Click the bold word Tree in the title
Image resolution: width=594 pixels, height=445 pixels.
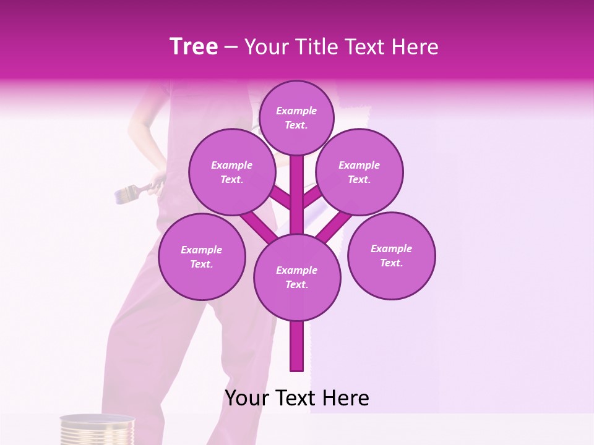pyautogui.click(x=194, y=47)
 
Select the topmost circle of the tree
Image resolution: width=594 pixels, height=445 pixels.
pyautogui.click(x=296, y=117)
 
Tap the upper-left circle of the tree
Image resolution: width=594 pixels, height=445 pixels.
pyautogui.click(x=231, y=172)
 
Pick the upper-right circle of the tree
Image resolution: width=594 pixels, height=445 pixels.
pyautogui.click(x=359, y=172)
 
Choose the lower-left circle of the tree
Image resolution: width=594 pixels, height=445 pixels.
pyautogui.click(x=201, y=256)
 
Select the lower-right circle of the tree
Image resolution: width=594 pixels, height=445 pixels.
pyautogui.click(x=391, y=255)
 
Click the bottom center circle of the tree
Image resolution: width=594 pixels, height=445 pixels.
pyautogui.click(x=296, y=277)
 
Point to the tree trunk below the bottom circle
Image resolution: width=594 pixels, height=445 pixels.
pyautogui.click(x=296, y=346)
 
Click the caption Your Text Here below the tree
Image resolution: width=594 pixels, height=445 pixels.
pyautogui.click(x=296, y=398)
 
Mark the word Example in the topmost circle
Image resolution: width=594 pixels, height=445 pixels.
pyautogui.click(x=296, y=111)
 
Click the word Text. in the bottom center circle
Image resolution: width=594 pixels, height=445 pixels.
pyautogui.click(x=296, y=284)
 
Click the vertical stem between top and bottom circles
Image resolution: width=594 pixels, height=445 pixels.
pyautogui.click(x=297, y=198)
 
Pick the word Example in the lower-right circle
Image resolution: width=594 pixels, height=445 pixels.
pyautogui.click(x=391, y=248)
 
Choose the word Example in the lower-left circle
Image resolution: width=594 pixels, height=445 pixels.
pyautogui.click(x=201, y=250)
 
